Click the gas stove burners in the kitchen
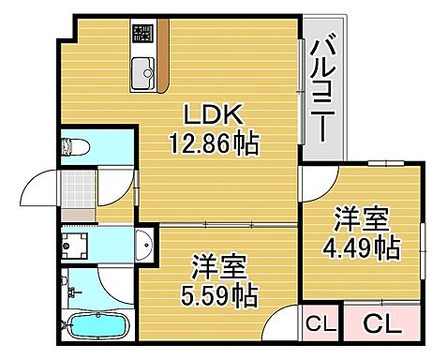(x=142, y=36)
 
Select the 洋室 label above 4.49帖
(x=362, y=221)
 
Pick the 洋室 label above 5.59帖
(x=219, y=267)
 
